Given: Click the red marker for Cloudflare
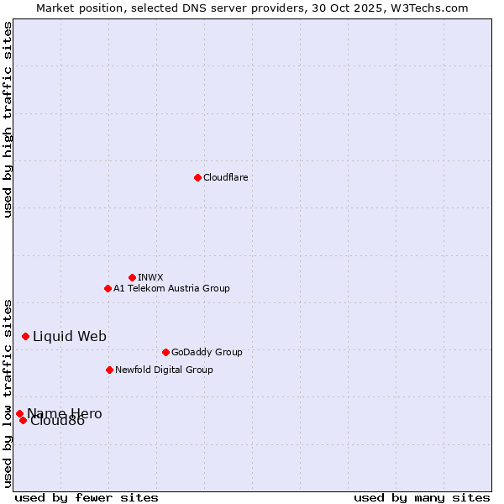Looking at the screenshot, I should (x=197, y=177).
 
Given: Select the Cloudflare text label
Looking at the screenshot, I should (x=225, y=177).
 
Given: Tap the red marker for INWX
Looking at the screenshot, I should (x=132, y=277).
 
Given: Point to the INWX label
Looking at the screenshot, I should (x=150, y=277).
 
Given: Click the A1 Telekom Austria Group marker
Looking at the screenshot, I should (x=108, y=288).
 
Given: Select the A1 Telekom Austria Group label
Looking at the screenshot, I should (x=171, y=288).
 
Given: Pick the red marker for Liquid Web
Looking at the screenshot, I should (x=25, y=336).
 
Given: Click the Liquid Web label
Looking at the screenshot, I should (x=70, y=336).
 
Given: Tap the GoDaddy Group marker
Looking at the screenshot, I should (x=165, y=352).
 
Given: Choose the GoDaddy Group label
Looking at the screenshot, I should (x=207, y=352).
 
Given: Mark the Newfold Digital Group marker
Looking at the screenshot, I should (x=109, y=370).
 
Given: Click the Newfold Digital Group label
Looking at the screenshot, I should (x=164, y=370).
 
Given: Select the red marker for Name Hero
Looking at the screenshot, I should (x=19, y=413).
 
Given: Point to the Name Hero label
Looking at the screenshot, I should (x=65, y=413).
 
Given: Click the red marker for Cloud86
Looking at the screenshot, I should (x=23, y=420).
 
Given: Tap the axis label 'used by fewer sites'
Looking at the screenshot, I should (x=87, y=497).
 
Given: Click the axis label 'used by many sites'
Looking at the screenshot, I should (x=422, y=497).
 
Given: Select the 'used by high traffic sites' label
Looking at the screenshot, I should (x=8, y=119).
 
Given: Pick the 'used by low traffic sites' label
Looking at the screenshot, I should (x=8, y=393).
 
